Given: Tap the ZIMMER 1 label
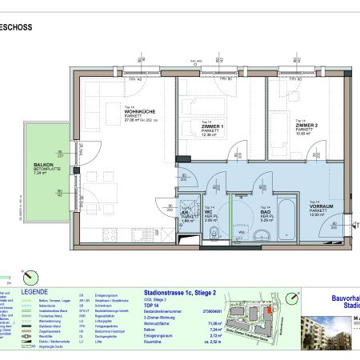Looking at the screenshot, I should [212, 127].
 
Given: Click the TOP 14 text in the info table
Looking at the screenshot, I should [150, 307].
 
